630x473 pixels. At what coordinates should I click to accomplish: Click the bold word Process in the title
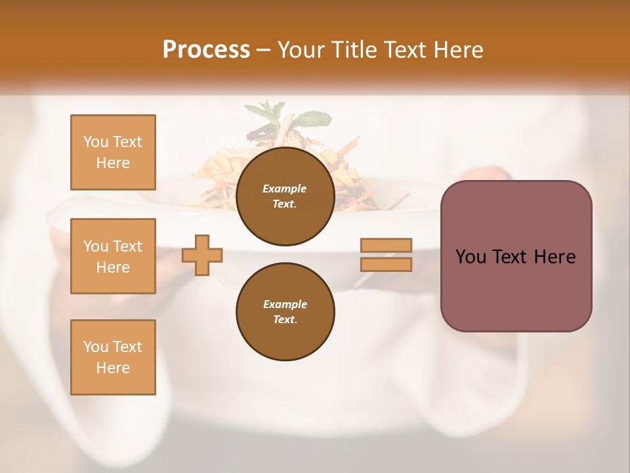click(206, 50)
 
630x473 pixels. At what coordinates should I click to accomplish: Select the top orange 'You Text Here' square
click(113, 152)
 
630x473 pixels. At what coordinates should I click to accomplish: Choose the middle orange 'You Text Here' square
click(113, 256)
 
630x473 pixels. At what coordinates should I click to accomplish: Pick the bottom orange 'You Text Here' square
click(113, 357)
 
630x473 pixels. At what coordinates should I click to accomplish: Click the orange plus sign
click(202, 256)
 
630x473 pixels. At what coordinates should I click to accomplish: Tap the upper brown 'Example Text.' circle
click(285, 196)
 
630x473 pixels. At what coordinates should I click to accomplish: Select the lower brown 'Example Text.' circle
click(285, 312)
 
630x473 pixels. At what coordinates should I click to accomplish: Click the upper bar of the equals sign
click(387, 246)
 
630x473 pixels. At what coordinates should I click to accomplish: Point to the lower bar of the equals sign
click(387, 265)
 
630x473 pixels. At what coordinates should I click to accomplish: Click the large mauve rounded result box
click(516, 289)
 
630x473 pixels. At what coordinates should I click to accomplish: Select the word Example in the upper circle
click(285, 189)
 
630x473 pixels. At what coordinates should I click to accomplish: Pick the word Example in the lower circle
click(285, 304)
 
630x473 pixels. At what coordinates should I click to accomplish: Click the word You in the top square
click(95, 142)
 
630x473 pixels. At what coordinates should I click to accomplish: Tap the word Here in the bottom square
click(113, 368)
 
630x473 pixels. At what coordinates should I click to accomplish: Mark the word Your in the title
click(303, 50)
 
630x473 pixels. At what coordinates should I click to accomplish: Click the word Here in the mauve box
click(555, 257)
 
